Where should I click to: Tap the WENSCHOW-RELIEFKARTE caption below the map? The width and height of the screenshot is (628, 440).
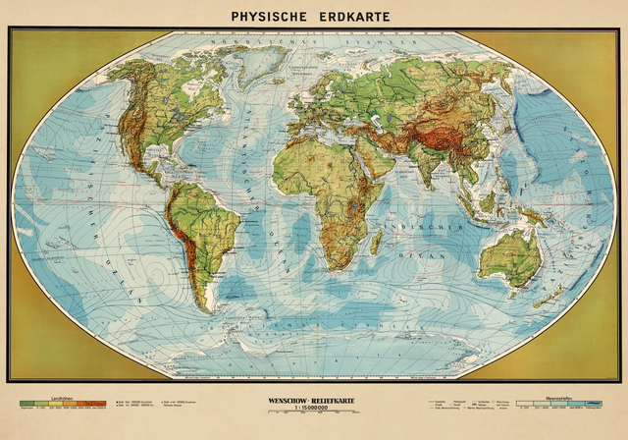pos(313,401)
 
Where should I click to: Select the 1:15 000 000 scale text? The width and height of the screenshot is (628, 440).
pos(313,409)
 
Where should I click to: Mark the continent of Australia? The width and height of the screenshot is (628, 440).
pos(511,254)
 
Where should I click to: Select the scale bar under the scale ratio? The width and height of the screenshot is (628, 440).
pos(313,415)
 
